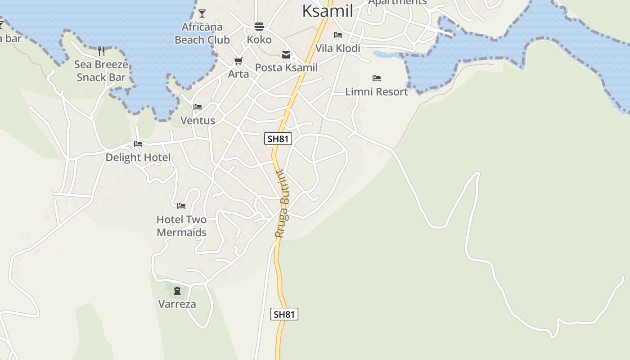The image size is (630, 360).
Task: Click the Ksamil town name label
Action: [327, 11]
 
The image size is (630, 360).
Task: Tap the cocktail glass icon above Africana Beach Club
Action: [202, 13]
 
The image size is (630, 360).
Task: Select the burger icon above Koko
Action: [259, 26]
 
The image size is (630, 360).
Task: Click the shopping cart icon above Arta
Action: [238, 61]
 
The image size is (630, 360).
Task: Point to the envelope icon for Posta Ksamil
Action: [286, 55]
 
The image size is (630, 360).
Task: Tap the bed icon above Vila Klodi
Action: [338, 35]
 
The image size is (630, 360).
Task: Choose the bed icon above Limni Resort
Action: [377, 78]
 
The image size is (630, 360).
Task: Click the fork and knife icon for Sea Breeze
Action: [101, 51]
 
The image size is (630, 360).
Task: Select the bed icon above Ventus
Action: [198, 107]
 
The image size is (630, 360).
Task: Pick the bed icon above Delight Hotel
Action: [138, 144]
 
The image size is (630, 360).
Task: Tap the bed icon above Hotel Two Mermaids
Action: [181, 206]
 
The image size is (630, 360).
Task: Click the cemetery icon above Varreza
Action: [177, 291]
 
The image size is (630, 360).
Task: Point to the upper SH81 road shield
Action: [278, 139]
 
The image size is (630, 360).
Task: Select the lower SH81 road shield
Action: [284, 314]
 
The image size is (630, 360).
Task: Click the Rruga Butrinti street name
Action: [283, 203]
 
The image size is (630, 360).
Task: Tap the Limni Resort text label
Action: [376, 92]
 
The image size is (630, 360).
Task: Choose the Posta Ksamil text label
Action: [286, 67]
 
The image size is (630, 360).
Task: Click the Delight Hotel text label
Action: [138, 157]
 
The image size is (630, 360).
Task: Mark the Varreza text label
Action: [177, 304]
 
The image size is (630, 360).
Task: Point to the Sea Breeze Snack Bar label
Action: [101, 71]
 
